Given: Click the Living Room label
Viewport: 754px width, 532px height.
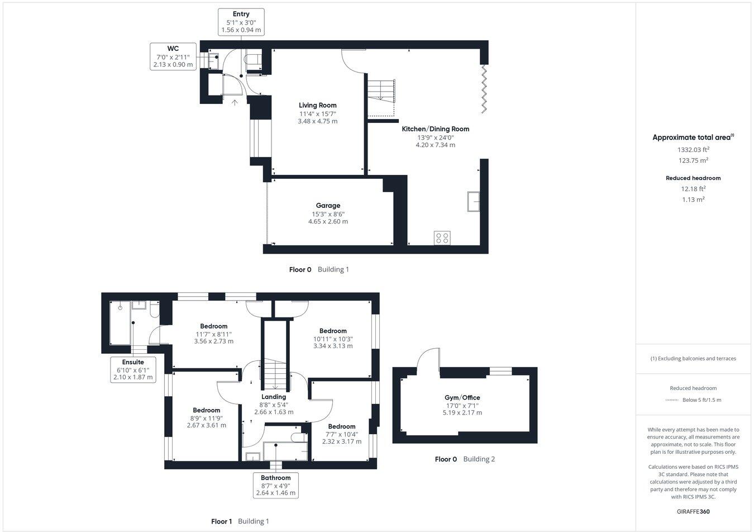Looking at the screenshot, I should click(317, 105).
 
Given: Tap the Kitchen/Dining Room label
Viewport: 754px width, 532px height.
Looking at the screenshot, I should click(436, 129).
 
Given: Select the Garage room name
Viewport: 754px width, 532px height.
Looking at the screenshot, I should click(328, 206).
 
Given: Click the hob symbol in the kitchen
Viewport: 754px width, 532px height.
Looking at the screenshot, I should click(442, 238).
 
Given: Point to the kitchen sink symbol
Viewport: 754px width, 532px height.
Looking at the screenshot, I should click(474, 201).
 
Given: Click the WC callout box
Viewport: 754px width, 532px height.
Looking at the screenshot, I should click(173, 56).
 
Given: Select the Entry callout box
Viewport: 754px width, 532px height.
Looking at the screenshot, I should click(241, 22).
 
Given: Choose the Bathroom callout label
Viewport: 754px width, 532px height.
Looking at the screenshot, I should click(275, 486).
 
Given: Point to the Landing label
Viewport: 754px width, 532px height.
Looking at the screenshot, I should click(274, 397).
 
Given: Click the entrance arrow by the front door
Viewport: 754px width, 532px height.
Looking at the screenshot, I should click(235, 102).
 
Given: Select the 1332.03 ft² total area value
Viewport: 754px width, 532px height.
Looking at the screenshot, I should click(693, 149).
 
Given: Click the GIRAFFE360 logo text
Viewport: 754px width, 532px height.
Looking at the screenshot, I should click(693, 511).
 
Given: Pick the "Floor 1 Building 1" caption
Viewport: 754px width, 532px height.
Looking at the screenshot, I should click(240, 521).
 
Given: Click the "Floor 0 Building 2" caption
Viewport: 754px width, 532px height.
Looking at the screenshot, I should click(465, 459).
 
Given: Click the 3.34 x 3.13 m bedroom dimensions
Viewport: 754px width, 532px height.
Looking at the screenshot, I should click(333, 346).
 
